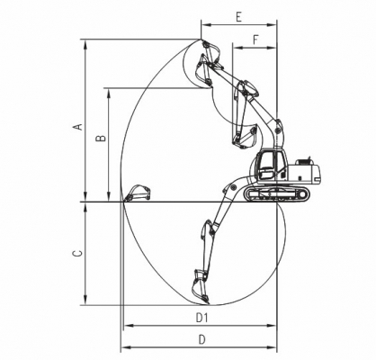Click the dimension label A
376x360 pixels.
78,127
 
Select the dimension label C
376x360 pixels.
77,254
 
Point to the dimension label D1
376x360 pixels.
201,318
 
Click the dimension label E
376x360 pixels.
238,17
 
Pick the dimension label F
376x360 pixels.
255,40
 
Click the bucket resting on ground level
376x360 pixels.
138,193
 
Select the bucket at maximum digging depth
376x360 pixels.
201,287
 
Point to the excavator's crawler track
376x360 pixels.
276,193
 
